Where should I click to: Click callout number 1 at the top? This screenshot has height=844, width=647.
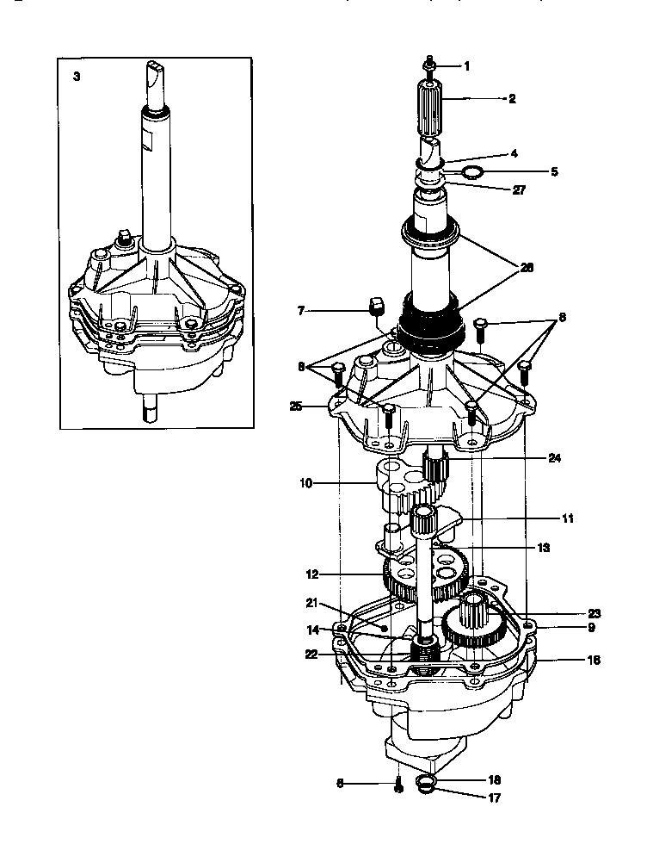point(467,66)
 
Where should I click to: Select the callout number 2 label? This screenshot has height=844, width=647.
point(512,99)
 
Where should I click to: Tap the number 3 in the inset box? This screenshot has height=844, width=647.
point(77,77)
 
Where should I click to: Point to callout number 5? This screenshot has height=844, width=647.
point(555,171)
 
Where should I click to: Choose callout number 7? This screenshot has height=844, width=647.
point(301,309)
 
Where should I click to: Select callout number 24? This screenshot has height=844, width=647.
point(554,458)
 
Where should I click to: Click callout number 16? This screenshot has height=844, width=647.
point(594,661)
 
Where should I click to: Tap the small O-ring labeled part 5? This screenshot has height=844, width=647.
point(470,173)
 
